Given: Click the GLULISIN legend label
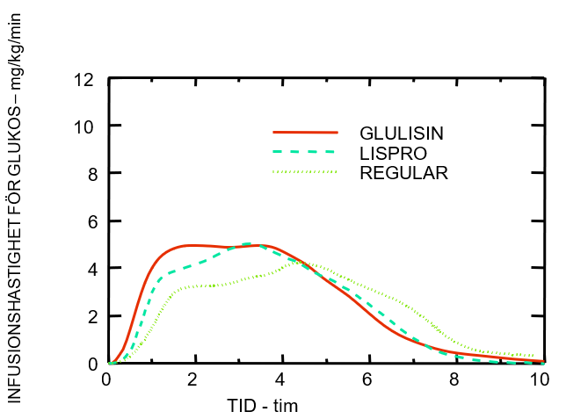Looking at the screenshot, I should [x=400, y=134].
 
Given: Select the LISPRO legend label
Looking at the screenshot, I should [x=393, y=153].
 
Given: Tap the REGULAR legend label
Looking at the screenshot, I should [x=404, y=173].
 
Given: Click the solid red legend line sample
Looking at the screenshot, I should [x=305, y=133].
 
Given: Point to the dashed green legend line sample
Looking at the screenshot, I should [x=305, y=152].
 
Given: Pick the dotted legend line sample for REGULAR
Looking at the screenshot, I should [x=305, y=172].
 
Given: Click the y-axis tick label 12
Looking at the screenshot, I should [x=84, y=79].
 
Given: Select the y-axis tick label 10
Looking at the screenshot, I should [x=84, y=126].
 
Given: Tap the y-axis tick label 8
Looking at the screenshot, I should [x=89, y=174].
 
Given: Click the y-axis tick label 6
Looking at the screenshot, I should [x=89, y=221].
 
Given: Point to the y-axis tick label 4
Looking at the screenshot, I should [x=89, y=269].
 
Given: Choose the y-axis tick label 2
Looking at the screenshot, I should [x=89, y=316].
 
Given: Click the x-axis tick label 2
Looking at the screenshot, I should [x=193, y=379].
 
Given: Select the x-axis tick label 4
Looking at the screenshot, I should [x=280, y=379].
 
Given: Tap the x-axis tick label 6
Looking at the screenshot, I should [x=367, y=379].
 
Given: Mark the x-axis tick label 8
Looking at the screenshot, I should [x=454, y=379].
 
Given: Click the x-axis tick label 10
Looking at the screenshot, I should [x=540, y=379].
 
